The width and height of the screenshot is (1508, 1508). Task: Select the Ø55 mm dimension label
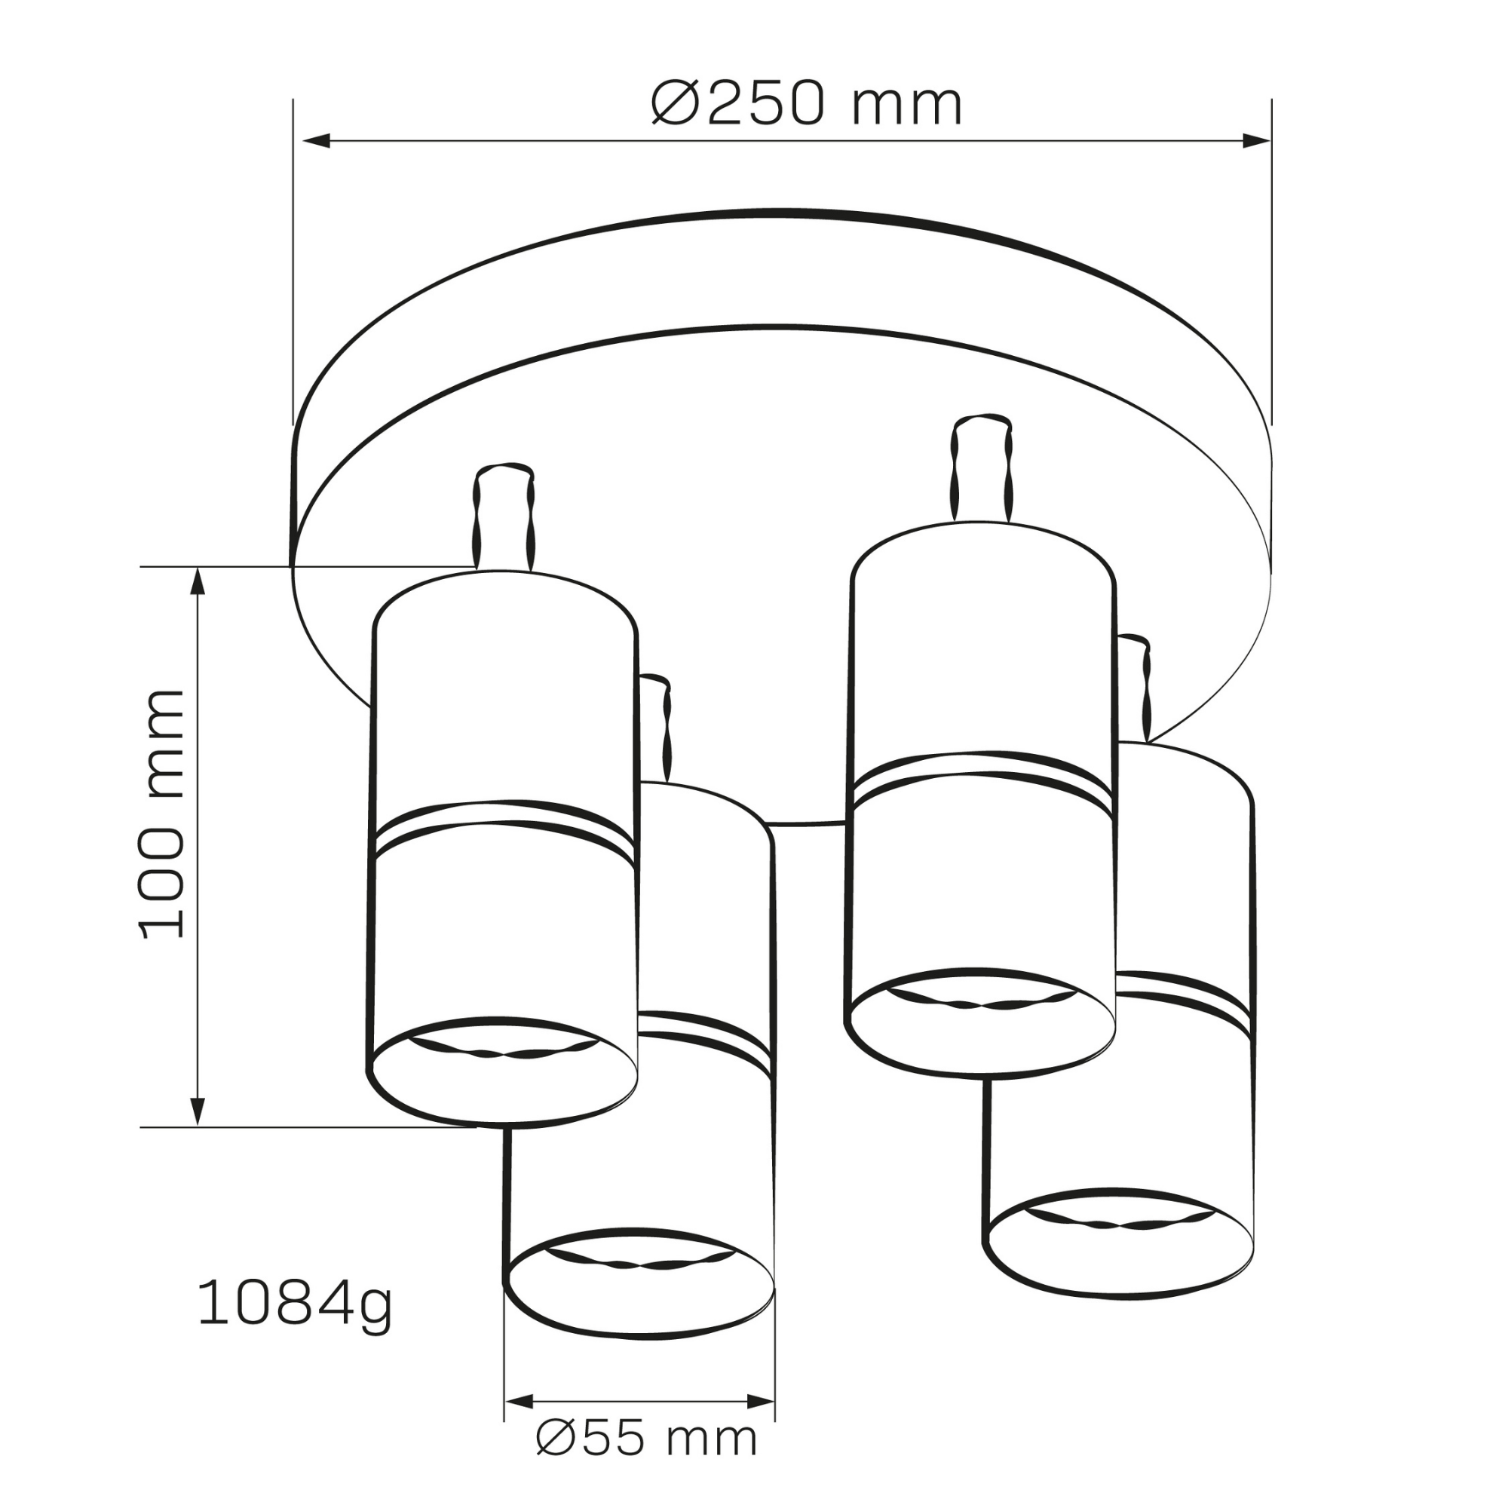[647, 1460]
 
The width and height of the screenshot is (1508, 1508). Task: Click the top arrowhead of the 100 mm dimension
[198, 581]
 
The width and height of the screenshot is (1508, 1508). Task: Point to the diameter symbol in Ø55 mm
[556, 1460]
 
